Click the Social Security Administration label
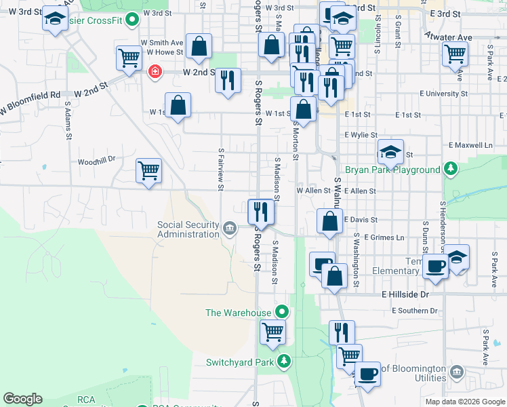[188, 229]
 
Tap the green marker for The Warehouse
[283, 313]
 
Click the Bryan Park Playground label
[392, 170]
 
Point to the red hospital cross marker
[155, 71]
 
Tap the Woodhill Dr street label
[97, 161]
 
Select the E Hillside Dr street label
[406, 295]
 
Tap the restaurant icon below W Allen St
[261, 212]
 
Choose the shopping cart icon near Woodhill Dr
[148, 171]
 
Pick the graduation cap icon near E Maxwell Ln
[390, 152]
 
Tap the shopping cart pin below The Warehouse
[272, 332]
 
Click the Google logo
[22, 399]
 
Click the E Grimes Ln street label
[384, 237]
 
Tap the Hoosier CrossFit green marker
[133, 19]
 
